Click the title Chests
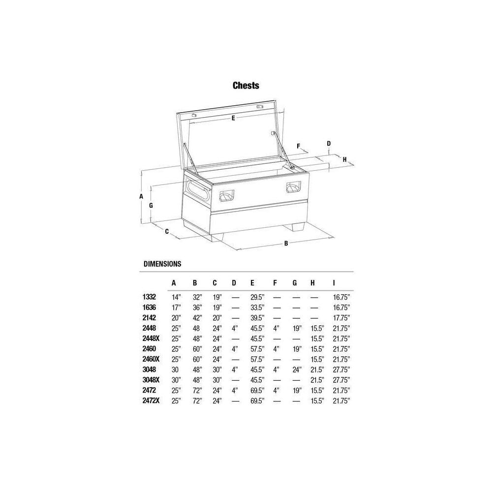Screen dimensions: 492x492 (x=246, y=86)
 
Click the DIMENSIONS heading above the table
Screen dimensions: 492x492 (x=162, y=264)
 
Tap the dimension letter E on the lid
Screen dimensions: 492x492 (x=233, y=118)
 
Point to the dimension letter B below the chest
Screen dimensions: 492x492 (x=286, y=243)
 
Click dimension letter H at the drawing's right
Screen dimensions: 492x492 (x=345, y=159)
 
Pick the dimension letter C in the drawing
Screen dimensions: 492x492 (x=167, y=231)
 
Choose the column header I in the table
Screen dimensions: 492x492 (x=334, y=283)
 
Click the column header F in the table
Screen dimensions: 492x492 (x=275, y=283)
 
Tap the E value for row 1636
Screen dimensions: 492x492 (x=257, y=307)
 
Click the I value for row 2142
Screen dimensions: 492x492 (x=341, y=318)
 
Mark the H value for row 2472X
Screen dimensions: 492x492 (x=316, y=401)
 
